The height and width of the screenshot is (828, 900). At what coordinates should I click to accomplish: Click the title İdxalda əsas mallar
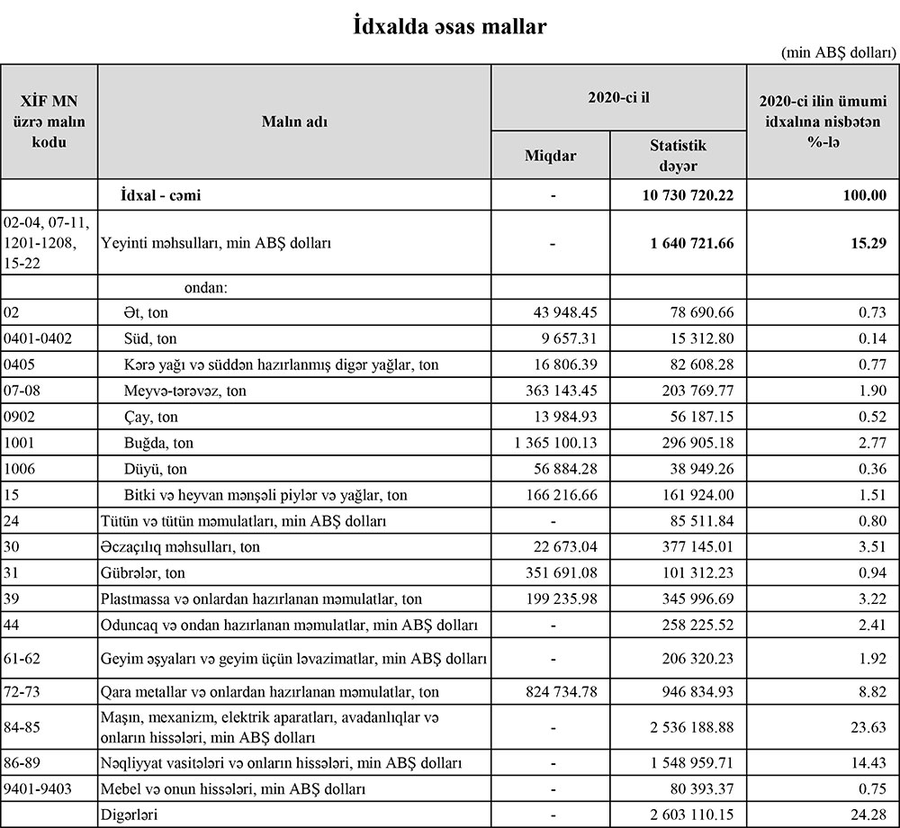[449, 27]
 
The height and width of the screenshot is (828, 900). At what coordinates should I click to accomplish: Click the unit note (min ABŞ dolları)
[839, 53]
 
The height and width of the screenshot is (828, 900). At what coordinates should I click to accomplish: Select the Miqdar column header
[550, 156]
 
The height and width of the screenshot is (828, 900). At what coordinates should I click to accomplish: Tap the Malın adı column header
[294, 121]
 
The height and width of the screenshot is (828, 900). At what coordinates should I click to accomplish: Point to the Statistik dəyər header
[679, 155]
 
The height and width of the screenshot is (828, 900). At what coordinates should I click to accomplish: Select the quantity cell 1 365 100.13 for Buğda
[544, 444]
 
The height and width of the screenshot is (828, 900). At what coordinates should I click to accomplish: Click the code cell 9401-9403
[38, 789]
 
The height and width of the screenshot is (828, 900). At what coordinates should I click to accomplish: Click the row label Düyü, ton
[156, 469]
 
